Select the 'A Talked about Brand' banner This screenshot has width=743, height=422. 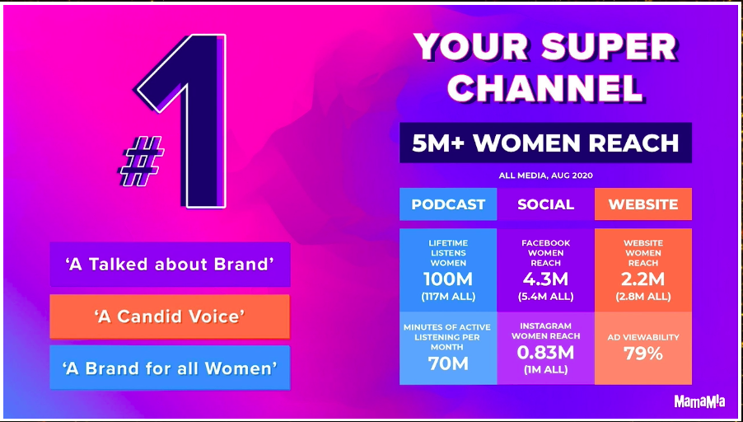coord(171,264)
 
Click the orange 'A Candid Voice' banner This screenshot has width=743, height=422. coord(170,316)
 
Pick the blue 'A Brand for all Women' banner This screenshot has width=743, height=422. coord(170,368)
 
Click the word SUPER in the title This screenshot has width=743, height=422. coord(609,48)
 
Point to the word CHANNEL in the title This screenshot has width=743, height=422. coord(545,87)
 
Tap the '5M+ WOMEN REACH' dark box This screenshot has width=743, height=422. coord(545,143)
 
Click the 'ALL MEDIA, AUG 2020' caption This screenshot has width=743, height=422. coord(545,176)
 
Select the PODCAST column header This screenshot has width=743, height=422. coord(448,204)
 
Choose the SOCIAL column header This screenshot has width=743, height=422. coord(546,204)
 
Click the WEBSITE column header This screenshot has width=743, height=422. coord(643,204)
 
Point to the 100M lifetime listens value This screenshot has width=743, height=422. coord(448,279)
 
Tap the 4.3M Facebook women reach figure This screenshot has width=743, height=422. coord(545,279)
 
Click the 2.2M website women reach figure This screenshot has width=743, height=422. coord(643,279)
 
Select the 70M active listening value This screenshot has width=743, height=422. coord(448,363)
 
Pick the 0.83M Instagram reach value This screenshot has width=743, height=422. coord(545,353)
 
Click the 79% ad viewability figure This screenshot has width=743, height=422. coord(643,354)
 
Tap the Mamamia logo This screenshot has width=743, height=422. coord(699,401)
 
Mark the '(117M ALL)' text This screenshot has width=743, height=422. coord(448,298)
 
